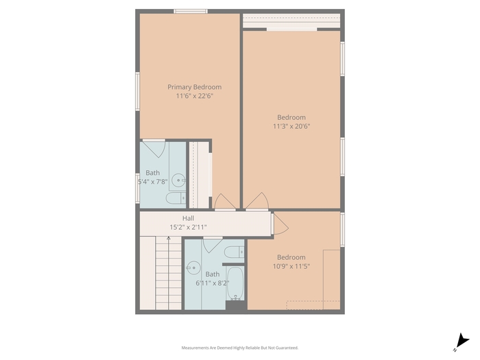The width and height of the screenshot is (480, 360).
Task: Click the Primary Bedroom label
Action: (194, 87)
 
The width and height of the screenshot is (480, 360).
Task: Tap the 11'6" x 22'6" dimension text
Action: (194, 96)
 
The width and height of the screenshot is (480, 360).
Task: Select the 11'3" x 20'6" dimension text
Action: (291, 126)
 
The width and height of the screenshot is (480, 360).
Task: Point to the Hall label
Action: (189, 218)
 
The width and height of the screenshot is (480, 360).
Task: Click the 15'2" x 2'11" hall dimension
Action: (189, 227)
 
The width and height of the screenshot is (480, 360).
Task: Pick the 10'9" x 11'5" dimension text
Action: (291, 266)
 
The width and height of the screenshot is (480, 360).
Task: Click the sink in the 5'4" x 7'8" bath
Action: (178, 180)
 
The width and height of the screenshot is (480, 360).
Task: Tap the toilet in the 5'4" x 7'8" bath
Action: (176, 198)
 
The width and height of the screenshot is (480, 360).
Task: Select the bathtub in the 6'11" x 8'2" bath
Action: (235, 284)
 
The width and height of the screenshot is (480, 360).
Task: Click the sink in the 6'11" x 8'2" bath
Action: (193, 268)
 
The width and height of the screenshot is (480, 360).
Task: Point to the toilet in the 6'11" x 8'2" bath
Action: (235, 252)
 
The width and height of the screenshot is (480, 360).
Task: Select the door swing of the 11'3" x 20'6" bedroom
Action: (257, 201)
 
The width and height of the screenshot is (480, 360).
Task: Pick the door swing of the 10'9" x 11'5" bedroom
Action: (280, 224)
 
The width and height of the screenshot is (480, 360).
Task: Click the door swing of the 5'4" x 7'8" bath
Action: (154, 149)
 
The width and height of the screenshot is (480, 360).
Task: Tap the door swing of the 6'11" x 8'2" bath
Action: (213, 245)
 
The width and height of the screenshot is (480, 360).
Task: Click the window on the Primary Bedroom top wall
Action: (191, 12)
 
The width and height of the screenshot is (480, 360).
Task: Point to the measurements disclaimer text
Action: (240, 348)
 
